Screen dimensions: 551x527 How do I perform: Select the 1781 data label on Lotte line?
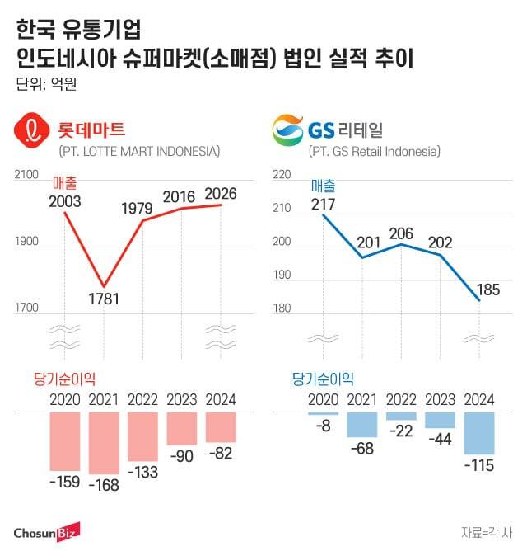(x=105, y=298)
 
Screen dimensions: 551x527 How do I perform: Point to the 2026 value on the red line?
(x=220, y=194)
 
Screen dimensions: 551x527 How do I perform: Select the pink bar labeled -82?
(x=220, y=427)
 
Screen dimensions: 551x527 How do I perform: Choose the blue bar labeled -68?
(x=362, y=424)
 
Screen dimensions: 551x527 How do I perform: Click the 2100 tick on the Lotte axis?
(x=27, y=174)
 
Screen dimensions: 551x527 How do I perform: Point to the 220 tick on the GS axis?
(x=282, y=175)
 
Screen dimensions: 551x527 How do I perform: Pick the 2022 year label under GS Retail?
(x=401, y=399)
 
